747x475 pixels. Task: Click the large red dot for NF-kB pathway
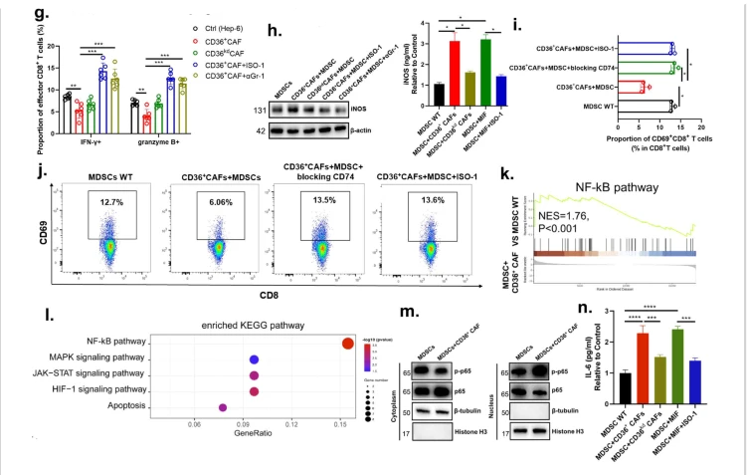point(347,343)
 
